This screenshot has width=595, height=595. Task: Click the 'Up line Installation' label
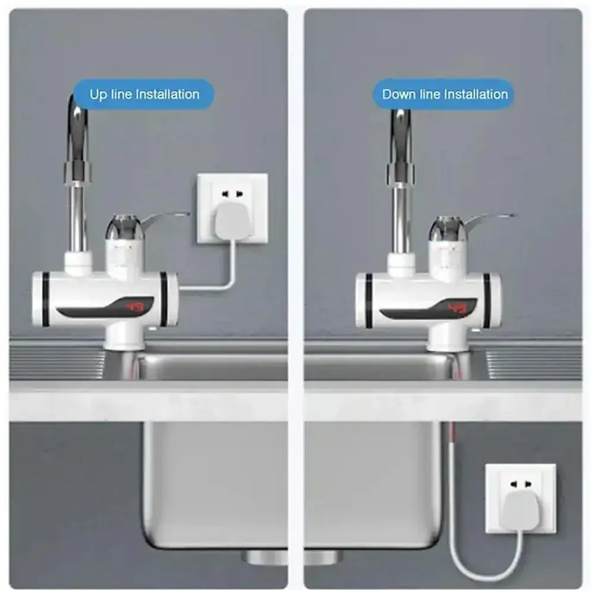pos(144,95)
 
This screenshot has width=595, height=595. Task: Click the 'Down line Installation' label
pos(445,95)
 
